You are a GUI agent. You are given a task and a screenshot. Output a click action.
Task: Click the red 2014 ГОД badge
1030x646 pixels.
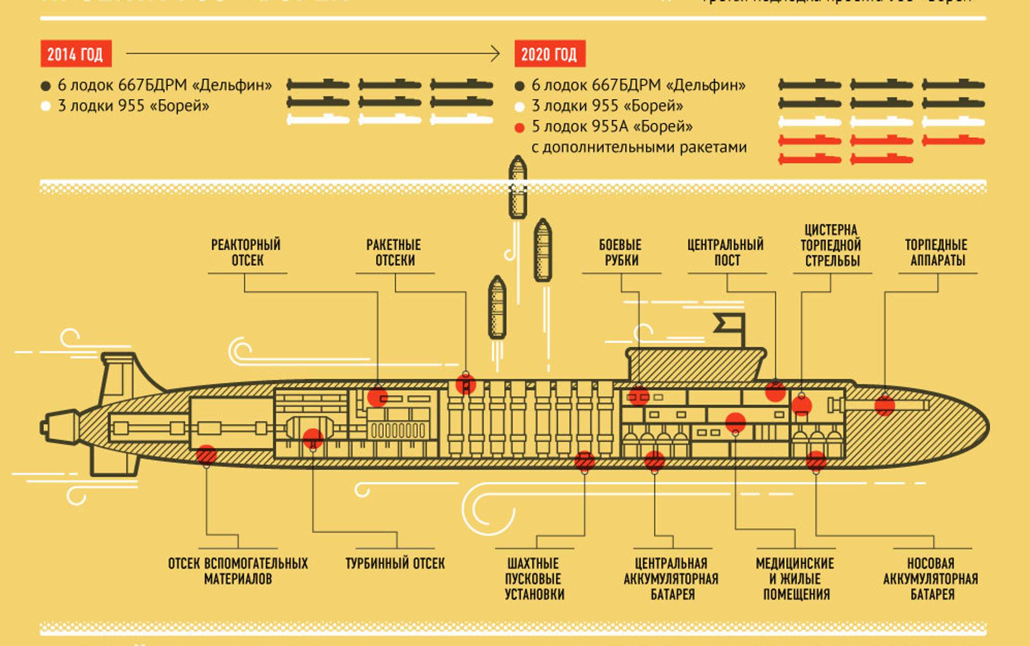pyautogui.click(x=76, y=54)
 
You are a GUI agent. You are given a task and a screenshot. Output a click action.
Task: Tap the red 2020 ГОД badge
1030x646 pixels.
pyautogui.click(x=549, y=54)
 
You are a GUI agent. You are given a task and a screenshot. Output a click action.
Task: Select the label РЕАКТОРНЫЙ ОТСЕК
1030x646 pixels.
pyautogui.click(x=246, y=252)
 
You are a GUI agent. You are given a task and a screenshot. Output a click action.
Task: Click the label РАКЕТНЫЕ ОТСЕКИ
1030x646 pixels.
pyautogui.click(x=394, y=252)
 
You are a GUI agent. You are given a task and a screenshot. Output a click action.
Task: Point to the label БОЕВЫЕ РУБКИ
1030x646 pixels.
pyautogui.click(x=620, y=252)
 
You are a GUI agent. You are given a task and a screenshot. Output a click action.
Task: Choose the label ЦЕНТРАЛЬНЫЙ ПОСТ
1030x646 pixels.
pyautogui.click(x=726, y=252)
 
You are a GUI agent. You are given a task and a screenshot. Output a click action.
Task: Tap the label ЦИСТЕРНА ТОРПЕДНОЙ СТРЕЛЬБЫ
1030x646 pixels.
pyautogui.click(x=831, y=245)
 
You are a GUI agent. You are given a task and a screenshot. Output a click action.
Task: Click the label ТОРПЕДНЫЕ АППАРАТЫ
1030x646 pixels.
pyautogui.click(x=937, y=252)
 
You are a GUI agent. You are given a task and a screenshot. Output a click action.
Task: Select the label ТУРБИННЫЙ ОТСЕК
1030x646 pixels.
pyautogui.click(x=395, y=564)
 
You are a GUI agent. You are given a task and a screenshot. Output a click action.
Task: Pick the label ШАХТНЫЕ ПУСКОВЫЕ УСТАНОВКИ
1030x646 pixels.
pyautogui.click(x=534, y=579)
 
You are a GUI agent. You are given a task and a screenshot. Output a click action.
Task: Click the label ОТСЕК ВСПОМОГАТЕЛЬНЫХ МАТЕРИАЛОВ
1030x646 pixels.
pyautogui.click(x=238, y=571)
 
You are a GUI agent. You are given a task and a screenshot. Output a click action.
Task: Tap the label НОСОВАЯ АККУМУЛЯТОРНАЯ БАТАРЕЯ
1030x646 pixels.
pyautogui.click(x=931, y=579)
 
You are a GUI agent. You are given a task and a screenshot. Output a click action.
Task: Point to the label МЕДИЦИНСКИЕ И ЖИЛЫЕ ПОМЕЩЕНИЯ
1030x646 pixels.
pyautogui.click(x=795, y=579)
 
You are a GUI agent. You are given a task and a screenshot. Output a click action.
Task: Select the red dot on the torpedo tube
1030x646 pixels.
pyautogui.click(x=885, y=405)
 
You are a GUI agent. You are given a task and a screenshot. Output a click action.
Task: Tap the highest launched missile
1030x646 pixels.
pyautogui.click(x=517, y=187)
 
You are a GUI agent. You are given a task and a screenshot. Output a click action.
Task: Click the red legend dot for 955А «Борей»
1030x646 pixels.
pyautogui.click(x=519, y=128)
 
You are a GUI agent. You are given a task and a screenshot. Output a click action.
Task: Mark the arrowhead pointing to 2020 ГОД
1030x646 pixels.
pyautogui.click(x=496, y=53)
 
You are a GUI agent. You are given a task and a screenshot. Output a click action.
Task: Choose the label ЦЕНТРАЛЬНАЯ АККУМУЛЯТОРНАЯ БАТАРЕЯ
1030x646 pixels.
pyautogui.click(x=671, y=579)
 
